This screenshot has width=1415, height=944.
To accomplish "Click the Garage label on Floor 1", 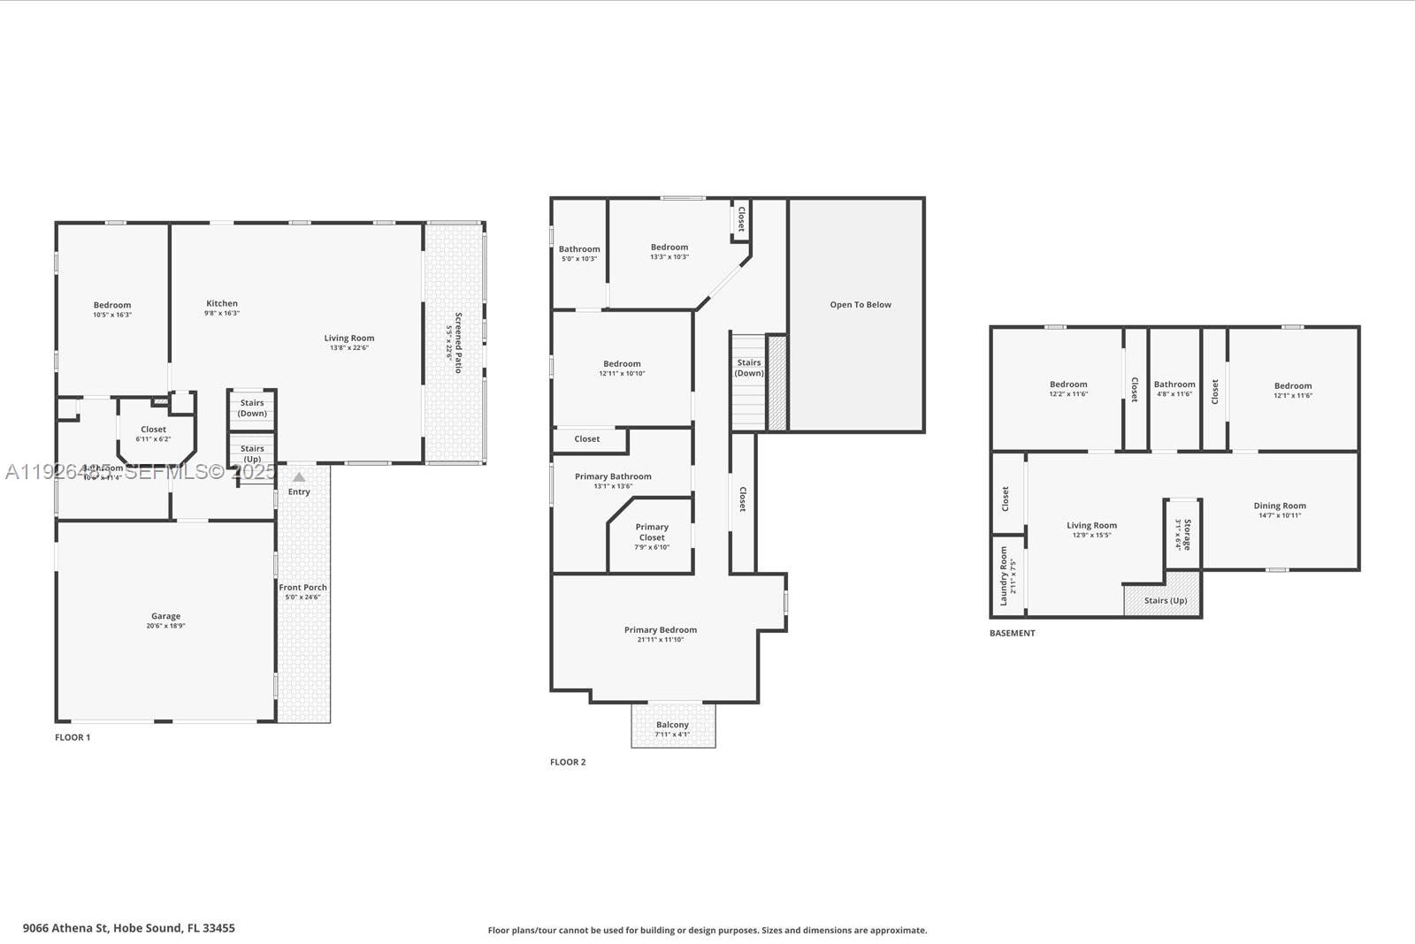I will point(165,616).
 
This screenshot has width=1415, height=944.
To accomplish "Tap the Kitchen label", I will point(222,303).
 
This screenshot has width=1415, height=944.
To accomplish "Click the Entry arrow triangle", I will point(299,477).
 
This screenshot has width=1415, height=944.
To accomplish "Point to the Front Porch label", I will point(302,587).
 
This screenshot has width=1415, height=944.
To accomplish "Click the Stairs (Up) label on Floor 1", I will point(252,453).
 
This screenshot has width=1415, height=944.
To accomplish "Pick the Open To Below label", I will point(860,305).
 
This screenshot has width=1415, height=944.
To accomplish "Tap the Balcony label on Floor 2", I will point(672,725).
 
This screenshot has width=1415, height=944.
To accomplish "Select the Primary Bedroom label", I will point(661,630).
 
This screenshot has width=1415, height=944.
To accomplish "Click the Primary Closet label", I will point(652,532).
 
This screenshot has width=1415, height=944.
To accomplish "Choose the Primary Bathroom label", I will point(613,476).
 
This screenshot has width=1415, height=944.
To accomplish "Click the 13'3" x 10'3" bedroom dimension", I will point(669,257).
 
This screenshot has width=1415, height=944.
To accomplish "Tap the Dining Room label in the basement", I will point(1280,506).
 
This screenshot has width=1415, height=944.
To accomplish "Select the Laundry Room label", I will point(1004,575).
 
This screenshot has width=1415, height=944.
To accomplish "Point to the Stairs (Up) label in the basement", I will point(1166,601).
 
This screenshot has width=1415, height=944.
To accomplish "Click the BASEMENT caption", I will point(1012,633).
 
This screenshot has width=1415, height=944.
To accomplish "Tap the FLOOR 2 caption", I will point(568,762).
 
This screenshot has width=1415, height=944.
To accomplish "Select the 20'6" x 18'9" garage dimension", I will point(165,626).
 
